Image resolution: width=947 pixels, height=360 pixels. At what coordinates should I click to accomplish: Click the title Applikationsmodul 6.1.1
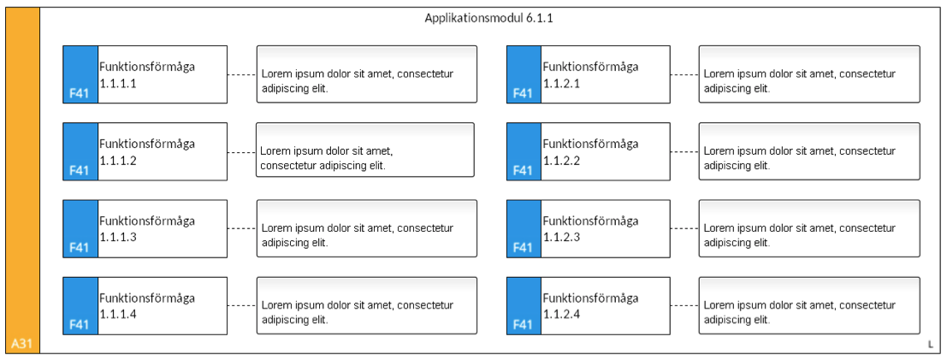[x=488, y=18]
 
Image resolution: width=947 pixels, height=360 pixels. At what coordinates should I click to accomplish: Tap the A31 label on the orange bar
[x=21, y=345]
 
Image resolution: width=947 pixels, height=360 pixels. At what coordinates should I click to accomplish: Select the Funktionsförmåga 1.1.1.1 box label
[x=147, y=75]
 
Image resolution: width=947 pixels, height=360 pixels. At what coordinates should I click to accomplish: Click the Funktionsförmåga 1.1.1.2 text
[x=147, y=152]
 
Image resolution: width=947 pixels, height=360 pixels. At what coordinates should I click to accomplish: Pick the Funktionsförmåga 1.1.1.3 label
[x=147, y=229]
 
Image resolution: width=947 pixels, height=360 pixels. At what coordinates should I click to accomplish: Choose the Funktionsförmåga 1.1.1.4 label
[x=147, y=306]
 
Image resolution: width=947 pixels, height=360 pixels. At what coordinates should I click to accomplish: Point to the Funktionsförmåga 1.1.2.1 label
[x=590, y=75]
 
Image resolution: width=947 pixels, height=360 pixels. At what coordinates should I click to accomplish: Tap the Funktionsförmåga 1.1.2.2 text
[x=590, y=152]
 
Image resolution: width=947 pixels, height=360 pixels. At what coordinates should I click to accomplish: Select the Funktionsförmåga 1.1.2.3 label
[x=590, y=229]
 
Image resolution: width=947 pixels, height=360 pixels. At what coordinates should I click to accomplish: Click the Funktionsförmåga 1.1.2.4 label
[x=590, y=306]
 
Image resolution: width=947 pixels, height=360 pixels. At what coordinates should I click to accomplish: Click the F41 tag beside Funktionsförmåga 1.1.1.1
[x=79, y=93]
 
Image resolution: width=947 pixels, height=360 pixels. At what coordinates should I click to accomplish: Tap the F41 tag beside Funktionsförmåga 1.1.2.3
[x=523, y=248]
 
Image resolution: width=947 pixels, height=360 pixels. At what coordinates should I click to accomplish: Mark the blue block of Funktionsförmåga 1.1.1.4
[x=80, y=305]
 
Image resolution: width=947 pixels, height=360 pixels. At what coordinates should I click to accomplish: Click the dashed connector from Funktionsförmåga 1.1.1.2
[x=241, y=151]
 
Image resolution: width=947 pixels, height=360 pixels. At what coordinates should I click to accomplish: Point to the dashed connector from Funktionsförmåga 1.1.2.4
[x=684, y=306]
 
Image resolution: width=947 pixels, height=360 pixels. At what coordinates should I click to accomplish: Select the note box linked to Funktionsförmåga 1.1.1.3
[x=367, y=228]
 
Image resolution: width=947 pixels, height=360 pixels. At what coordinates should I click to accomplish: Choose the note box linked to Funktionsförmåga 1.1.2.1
[x=809, y=74]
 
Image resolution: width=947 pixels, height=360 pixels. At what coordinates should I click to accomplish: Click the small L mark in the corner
[x=930, y=345]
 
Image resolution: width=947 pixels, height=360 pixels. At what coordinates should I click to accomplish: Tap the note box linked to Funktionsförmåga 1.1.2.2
[x=809, y=151]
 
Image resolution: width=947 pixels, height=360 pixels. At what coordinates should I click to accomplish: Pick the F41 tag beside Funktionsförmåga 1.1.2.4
[x=523, y=325]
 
